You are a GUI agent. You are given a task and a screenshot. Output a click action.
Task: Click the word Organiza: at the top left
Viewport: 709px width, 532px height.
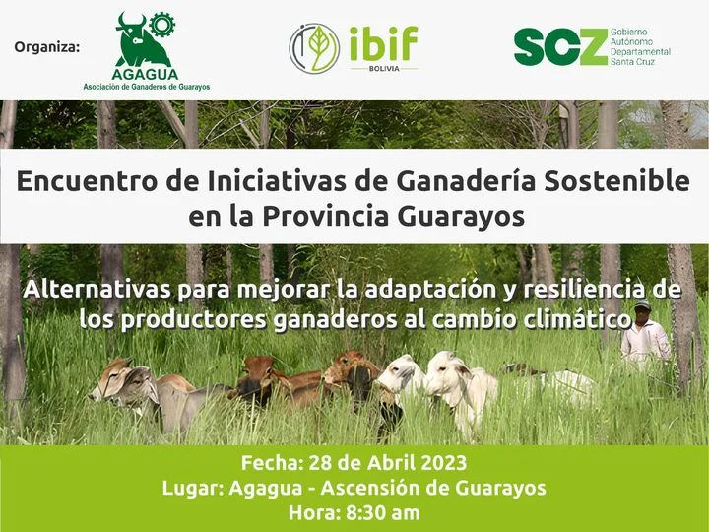click(x=47, y=47)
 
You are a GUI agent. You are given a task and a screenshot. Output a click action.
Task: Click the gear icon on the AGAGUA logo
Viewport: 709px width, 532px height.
click(x=161, y=26)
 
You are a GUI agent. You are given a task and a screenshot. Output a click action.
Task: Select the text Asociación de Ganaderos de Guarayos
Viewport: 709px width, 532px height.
click(x=146, y=87)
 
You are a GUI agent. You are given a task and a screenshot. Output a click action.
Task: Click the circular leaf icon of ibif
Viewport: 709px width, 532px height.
click(x=313, y=48)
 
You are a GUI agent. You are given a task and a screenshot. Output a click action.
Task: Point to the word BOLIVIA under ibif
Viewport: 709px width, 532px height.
click(x=383, y=69)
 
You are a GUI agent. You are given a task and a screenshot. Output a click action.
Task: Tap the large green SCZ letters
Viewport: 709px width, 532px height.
click(x=559, y=46)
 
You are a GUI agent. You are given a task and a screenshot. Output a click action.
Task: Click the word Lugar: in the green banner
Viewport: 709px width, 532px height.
click(x=190, y=488)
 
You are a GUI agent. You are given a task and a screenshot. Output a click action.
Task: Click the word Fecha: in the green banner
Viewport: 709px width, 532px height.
click(x=271, y=463)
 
